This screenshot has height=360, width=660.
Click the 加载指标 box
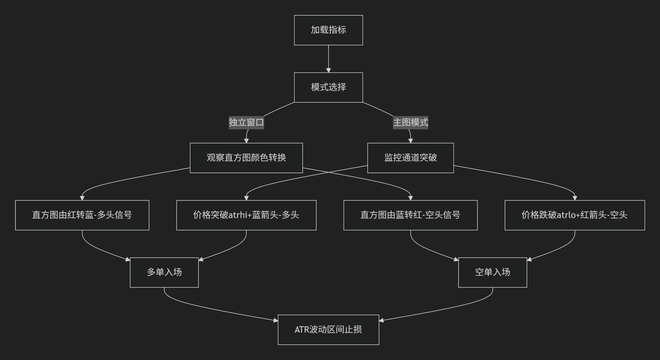click(x=328, y=30)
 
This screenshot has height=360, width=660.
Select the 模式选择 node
click(x=328, y=87)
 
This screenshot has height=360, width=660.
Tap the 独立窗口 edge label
click(x=246, y=123)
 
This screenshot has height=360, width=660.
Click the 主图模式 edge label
click(x=410, y=123)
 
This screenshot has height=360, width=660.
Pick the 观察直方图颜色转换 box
click(x=246, y=158)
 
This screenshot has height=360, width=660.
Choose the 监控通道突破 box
click(x=410, y=158)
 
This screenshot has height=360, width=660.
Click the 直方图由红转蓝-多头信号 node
click(x=82, y=215)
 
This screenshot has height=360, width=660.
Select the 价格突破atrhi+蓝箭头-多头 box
click(x=246, y=215)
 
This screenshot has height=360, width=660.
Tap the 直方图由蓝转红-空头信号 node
click(x=410, y=215)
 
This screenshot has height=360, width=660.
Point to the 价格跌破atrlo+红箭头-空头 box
click(x=575, y=215)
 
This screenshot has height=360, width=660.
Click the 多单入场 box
click(x=164, y=272)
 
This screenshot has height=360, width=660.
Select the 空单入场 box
click(x=493, y=272)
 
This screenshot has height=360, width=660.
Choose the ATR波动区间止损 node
click(x=328, y=330)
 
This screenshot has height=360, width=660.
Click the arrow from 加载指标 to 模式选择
click(x=328, y=59)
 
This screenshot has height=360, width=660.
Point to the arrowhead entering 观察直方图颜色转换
click(x=246, y=141)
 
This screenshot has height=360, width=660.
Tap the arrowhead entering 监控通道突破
click(x=410, y=141)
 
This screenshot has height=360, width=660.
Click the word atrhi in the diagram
click(x=238, y=215)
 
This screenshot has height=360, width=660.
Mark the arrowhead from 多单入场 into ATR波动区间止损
click(x=276, y=320)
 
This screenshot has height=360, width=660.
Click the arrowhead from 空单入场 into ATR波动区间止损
click(x=381, y=320)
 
